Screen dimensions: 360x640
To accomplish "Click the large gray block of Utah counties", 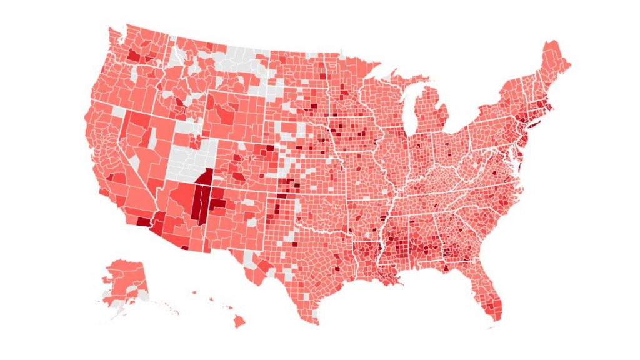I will point(187,159).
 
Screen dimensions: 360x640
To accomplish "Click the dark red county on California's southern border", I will point(142,221).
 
